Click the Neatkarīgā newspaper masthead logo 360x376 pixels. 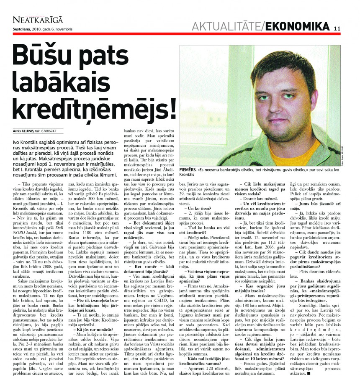(38, 19)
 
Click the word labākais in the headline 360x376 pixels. (67, 82)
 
